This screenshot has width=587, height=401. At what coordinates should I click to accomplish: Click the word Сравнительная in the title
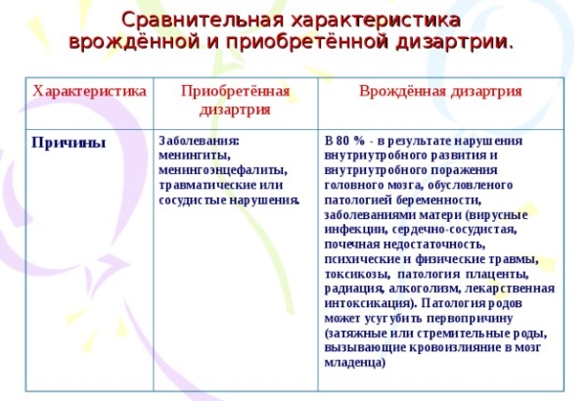coord(203,21)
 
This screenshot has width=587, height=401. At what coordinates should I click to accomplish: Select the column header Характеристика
coord(89,91)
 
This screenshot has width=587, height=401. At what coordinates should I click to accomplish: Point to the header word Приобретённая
coord(235,92)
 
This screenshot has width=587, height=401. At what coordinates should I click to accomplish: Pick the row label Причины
coord(68,143)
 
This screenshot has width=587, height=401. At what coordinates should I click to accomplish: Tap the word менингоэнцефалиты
coord(223,170)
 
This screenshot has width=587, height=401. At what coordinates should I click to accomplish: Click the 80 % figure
coord(349,141)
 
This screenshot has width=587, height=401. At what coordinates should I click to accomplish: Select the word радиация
coord(353,290)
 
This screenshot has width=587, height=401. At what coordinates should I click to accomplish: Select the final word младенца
coord(354,363)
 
